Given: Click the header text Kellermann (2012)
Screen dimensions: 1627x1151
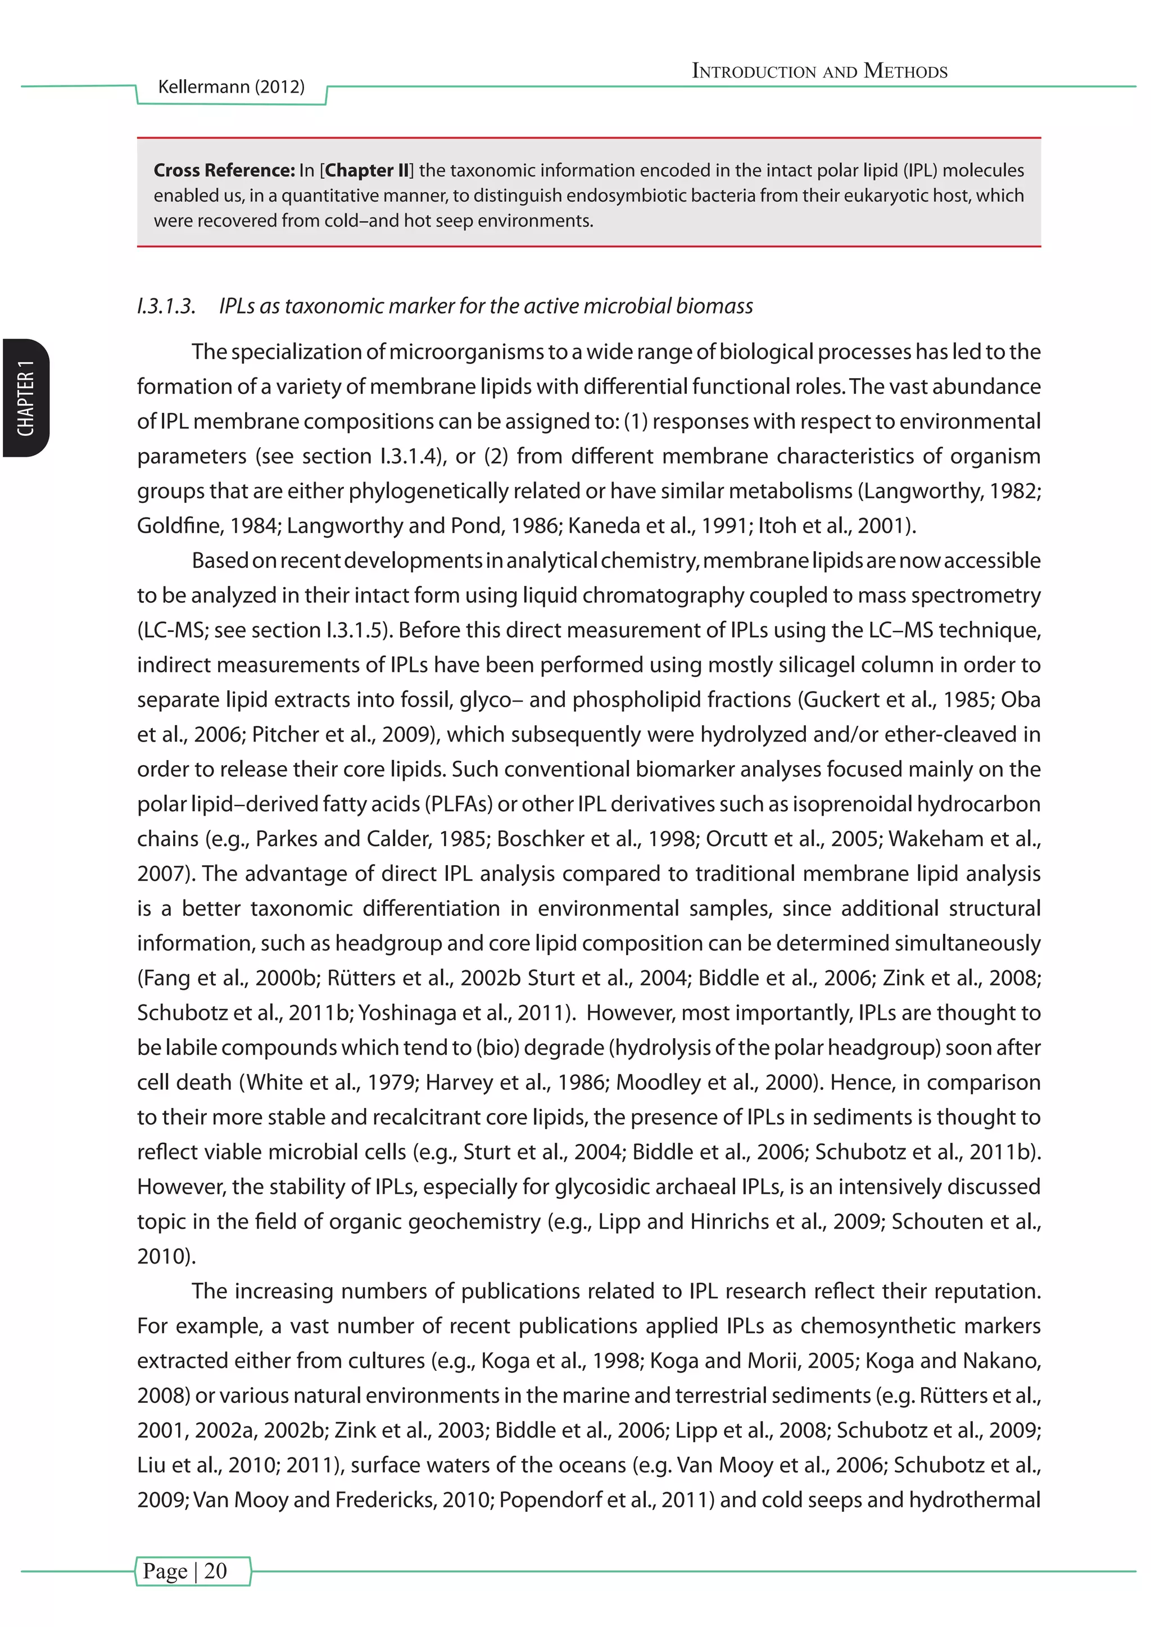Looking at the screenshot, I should point(231,87).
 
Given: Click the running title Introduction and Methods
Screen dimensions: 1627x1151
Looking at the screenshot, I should point(819,71).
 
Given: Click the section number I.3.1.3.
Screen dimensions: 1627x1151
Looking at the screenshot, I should point(166,306).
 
